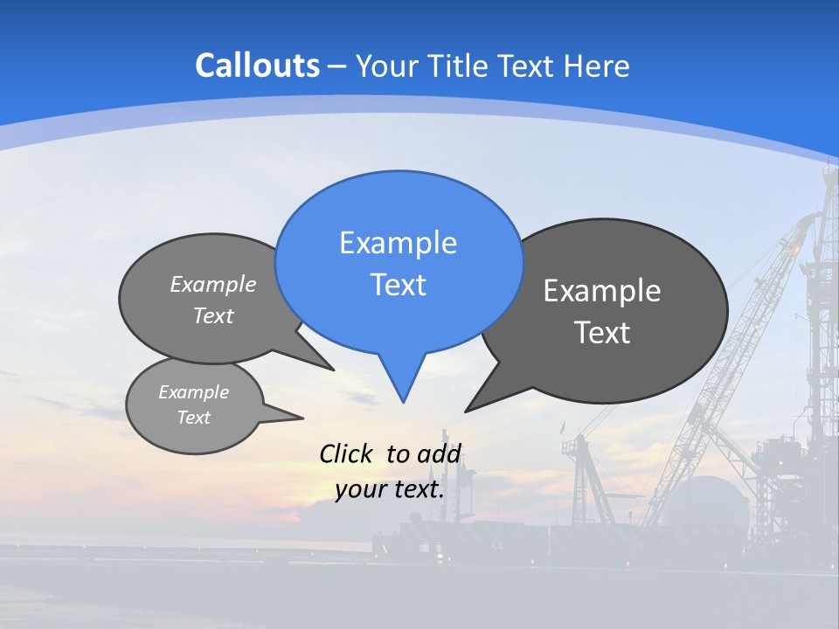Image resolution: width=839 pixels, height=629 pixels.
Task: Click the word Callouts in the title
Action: [257, 66]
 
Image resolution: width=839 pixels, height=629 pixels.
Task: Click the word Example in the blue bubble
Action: [398, 242]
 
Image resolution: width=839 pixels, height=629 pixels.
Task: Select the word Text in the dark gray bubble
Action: [602, 333]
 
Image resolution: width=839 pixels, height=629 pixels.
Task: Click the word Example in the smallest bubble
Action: [193, 392]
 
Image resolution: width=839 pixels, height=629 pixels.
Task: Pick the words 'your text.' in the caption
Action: [390, 489]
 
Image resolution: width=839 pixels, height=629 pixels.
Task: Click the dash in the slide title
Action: [337, 66]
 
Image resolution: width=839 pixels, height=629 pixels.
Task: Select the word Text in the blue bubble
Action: [398, 285]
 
